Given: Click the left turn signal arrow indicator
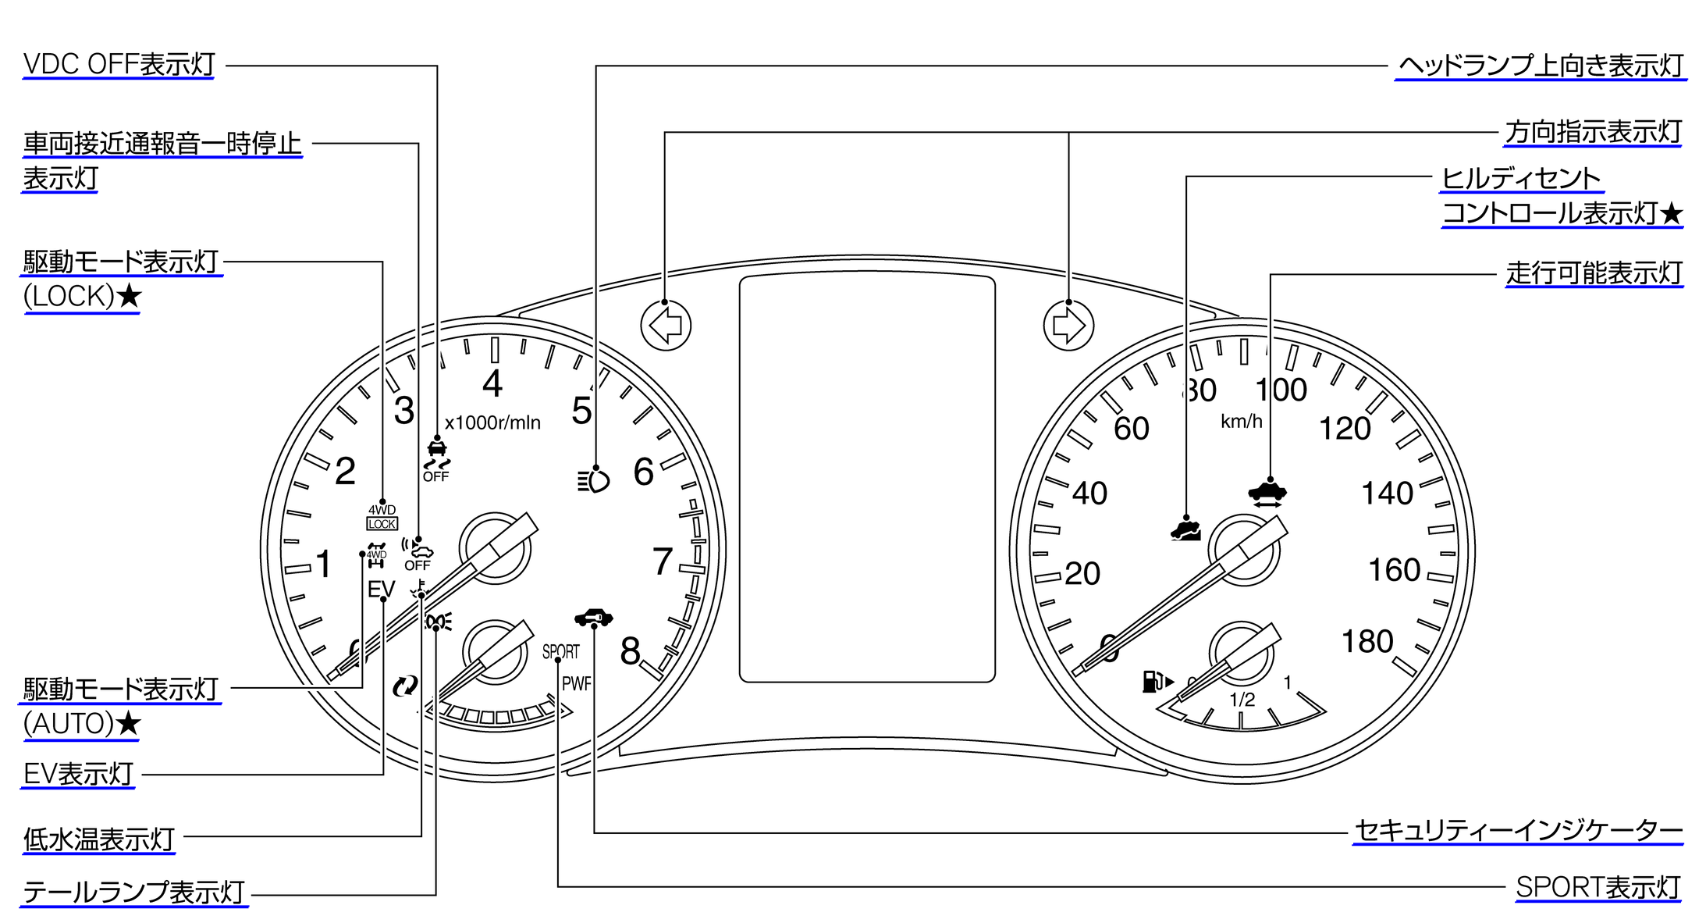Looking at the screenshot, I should coord(666,325).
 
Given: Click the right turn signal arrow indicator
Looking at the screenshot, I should coord(1068,325).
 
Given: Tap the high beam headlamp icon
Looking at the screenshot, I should coord(594,481).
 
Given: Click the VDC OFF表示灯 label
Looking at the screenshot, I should coord(119,65).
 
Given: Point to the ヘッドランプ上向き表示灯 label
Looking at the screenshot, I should coord(1541,66).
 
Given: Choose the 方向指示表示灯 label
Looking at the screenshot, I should coord(1593,132).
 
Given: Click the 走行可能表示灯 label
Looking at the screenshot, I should coord(1594,273).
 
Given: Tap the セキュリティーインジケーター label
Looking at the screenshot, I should coord(1518,831).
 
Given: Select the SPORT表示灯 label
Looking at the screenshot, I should coord(1598,888).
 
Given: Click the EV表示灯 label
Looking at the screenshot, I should coord(78,774).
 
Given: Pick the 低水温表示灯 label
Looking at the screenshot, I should coord(98,839).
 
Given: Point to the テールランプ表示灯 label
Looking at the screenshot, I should coord(133,892).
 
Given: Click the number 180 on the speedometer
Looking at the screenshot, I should coord(1367,642).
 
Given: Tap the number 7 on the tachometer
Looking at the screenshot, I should coord(662,561).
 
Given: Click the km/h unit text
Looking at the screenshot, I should coord(1241,422).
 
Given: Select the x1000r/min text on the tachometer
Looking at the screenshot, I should coord(492,422).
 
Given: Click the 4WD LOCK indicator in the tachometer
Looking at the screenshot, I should coord(382,517).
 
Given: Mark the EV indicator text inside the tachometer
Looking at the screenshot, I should coord(382,589).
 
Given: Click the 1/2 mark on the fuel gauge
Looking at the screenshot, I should coord(1242,700).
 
